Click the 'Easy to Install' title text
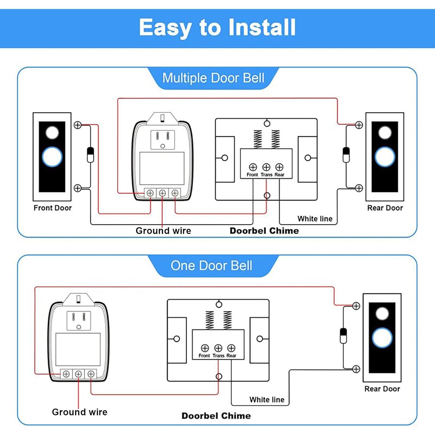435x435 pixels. [x=217, y=28]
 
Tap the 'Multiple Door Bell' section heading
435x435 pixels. [x=213, y=78]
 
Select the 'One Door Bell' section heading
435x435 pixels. [x=211, y=266]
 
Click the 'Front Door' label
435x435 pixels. [x=52, y=208]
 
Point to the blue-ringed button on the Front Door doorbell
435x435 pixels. [x=52, y=157]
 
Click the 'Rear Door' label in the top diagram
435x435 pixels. [x=385, y=208]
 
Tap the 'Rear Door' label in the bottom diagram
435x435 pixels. [x=382, y=389]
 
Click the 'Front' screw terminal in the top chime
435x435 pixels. [x=253, y=167]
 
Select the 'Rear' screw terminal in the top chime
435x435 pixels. [x=279, y=167]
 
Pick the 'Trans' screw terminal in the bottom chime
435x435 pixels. [x=218, y=348]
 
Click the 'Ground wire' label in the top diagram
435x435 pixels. [x=163, y=231]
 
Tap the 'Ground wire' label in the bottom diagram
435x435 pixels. [x=79, y=412]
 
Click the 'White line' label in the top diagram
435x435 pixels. [x=315, y=219]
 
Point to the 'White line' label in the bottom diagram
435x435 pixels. [x=267, y=400]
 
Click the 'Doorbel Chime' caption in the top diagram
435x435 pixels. [x=264, y=231]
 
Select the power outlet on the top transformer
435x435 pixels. [x=163, y=139]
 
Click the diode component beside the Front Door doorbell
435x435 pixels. [x=90, y=155]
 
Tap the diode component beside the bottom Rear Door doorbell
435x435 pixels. [x=343, y=336]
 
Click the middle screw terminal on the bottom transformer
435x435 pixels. [x=78, y=374]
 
